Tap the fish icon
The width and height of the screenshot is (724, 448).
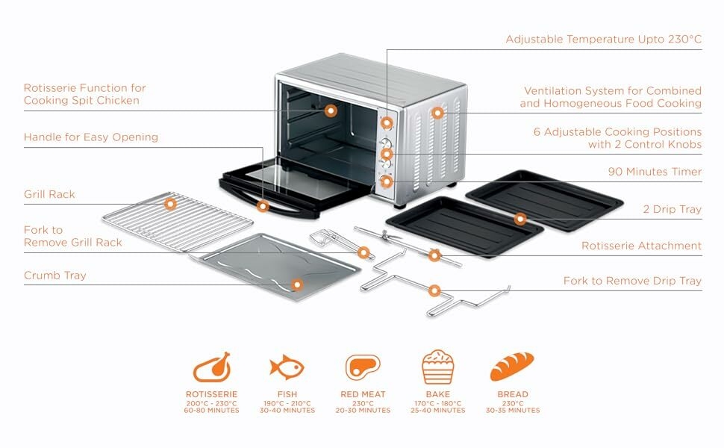click(287, 367)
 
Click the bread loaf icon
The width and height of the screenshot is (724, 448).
click(512, 367)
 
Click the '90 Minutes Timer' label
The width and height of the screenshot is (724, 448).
click(655, 172)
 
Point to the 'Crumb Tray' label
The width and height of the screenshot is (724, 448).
click(55, 276)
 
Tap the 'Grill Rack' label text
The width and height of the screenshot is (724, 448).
click(49, 194)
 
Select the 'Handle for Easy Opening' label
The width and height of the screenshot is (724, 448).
click(91, 137)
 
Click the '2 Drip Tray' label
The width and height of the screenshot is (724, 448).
click(672, 209)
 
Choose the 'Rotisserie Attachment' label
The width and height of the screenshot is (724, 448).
click(642, 246)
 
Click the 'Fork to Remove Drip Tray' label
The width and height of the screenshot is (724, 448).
click(632, 281)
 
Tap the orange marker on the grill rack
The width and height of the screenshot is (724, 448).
click(171, 202)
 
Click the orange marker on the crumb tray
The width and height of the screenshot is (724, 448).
click(297, 284)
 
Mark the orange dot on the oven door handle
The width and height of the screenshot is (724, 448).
click(263, 205)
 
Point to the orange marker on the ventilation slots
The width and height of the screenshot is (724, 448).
click(437, 113)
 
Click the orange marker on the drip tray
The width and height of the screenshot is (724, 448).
click(520, 219)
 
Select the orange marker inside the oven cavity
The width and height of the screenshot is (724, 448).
click(331, 111)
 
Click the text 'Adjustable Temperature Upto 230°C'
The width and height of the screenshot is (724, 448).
click(603, 39)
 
